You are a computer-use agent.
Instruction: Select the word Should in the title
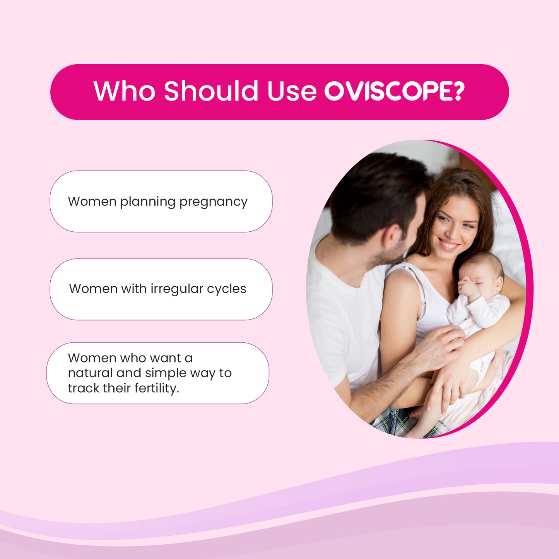211,91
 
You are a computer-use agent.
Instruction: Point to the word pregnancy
213,202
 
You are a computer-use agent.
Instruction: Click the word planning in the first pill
148,202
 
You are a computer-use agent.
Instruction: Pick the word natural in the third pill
90,373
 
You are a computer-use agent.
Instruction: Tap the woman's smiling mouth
448,244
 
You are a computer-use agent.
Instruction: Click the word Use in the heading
291,91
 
